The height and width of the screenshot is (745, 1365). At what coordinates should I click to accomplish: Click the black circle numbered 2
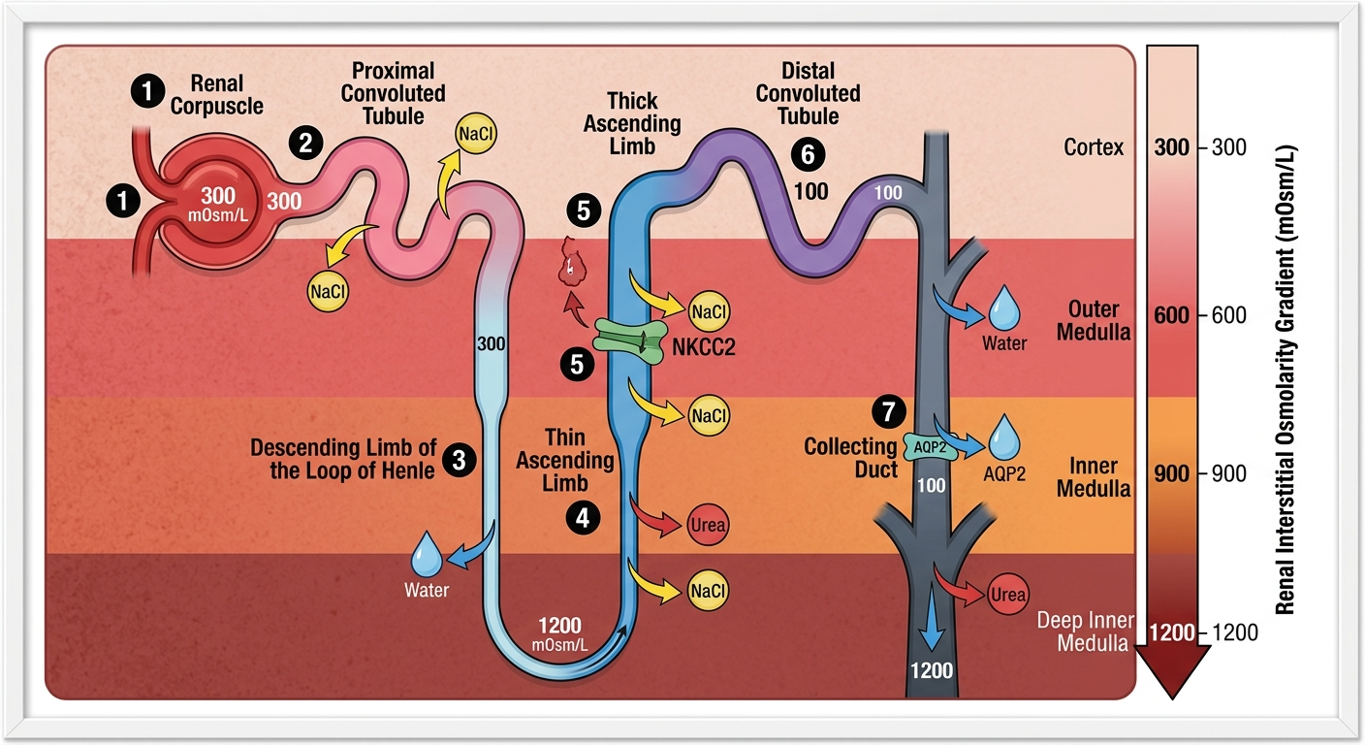[x=305, y=144]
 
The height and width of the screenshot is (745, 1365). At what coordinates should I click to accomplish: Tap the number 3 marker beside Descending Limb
[x=458, y=459]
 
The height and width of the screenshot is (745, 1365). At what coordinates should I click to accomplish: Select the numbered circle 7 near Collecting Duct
[x=885, y=412]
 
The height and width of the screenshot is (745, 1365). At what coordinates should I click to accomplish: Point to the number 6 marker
[x=804, y=153]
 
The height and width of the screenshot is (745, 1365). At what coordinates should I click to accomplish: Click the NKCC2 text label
[x=704, y=346]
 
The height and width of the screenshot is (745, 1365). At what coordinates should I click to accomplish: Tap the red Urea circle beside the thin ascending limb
[x=707, y=525]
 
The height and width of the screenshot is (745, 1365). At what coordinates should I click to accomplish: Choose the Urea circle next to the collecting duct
[x=1007, y=595]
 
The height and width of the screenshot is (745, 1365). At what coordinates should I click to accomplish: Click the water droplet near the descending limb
[x=427, y=555]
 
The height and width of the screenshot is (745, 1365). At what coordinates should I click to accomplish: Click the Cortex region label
[x=1094, y=147]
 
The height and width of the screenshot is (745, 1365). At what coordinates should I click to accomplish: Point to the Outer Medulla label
[x=1094, y=320]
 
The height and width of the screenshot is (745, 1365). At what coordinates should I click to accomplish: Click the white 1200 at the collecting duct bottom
[x=932, y=669]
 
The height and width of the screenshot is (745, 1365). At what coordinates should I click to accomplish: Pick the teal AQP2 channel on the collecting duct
[x=930, y=446]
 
